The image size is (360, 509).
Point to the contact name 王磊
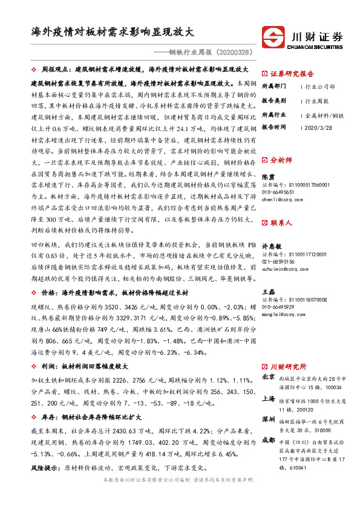point(267,292)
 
